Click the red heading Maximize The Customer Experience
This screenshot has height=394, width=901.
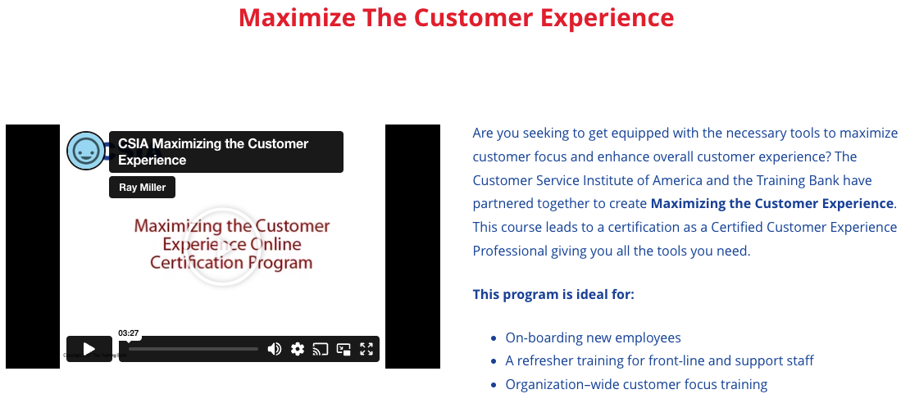coord(456,17)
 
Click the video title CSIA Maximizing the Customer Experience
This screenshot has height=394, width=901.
coord(213,152)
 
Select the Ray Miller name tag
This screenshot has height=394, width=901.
coord(142,188)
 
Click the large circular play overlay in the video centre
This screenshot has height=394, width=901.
coord(225,246)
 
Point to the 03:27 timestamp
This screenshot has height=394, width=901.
coord(129,333)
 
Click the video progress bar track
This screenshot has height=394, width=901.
coord(193,349)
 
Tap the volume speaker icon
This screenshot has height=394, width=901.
coord(275,349)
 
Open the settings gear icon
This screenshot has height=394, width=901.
coord(297,349)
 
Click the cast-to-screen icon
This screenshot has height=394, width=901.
coord(320,349)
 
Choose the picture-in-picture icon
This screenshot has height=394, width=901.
coord(344,349)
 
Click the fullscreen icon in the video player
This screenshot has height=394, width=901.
coord(366,349)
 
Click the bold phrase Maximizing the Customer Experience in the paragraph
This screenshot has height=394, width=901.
coord(772,204)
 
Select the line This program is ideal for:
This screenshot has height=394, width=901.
coord(553,295)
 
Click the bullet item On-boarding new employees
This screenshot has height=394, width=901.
coord(593,337)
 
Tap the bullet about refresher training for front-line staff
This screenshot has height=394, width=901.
coord(660,361)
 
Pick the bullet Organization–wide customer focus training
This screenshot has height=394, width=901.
coord(637,385)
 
